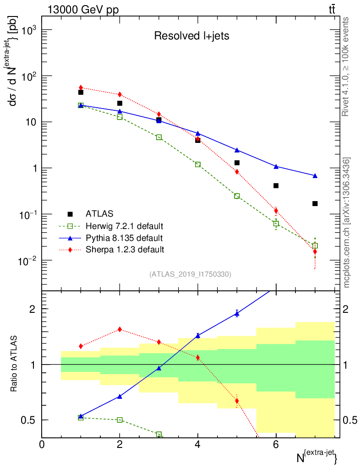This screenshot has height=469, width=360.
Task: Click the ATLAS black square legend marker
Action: pyautogui.click(x=70, y=213)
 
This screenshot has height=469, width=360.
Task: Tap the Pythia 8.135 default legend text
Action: pyautogui.click(x=124, y=238)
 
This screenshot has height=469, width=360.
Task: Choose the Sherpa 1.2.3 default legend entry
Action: pyautogui.click(x=125, y=250)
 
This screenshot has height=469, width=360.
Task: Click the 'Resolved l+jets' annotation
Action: pyautogui.click(x=191, y=36)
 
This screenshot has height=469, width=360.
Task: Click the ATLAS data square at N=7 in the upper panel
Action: pyautogui.click(x=315, y=203)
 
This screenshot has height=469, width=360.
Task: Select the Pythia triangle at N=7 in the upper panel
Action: pyautogui.click(x=315, y=176)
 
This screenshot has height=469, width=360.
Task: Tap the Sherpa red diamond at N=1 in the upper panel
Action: pyautogui.click(x=81, y=87)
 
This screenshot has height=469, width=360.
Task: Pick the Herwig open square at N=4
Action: pyautogui.click(x=198, y=164)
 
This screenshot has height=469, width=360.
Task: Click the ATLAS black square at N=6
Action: pyautogui.click(x=276, y=185)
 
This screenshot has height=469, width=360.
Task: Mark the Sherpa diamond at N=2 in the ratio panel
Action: pyautogui.click(x=120, y=329)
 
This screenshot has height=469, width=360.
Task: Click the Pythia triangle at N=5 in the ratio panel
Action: pyautogui.click(x=237, y=313)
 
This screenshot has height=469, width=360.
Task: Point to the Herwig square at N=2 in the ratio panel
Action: pyautogui.click(x=120, y=420)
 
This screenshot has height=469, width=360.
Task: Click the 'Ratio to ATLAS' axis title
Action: pyautogui.click(x=14, y=364)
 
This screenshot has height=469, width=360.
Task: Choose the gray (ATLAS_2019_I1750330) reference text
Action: pyautogui.click(x=190, y=274)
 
